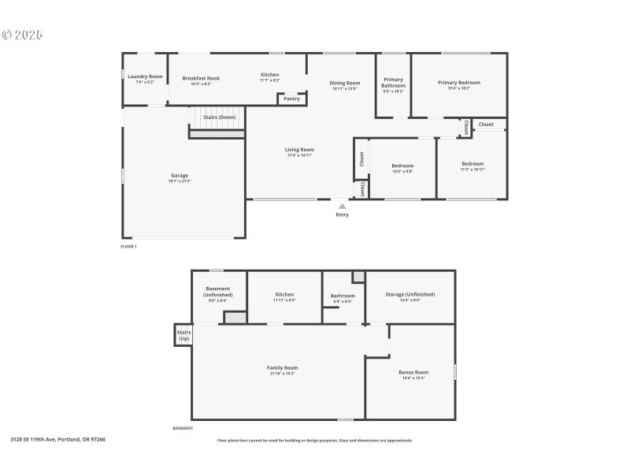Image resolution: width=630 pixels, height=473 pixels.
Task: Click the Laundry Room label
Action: click(x=145, y=76)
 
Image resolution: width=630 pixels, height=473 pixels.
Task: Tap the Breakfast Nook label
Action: click(x=201, y=78)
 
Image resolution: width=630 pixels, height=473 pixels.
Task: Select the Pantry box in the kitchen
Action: click(x=291, y=99)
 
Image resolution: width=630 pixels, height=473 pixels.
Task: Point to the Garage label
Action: click(x=180, y=175)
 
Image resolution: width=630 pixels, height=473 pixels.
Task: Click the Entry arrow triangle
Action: click(x=342, y=206)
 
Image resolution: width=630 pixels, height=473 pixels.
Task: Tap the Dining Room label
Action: click(x=344, y=83)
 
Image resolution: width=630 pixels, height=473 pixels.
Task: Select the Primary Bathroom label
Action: click(x=393, y=82)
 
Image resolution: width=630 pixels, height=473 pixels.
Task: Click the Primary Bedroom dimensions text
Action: click(x=459, y=88)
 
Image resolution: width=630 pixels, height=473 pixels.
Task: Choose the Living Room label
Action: click(x=299, y=149)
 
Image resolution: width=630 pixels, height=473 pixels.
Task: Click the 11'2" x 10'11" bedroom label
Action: click(x=473, y=164)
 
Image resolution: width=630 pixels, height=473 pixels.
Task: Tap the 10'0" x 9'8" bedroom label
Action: click(x=402, y=166)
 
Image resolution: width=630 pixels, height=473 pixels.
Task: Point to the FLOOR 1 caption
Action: click(x=128, y=247)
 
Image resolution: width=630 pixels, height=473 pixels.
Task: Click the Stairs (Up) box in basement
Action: click(x=183, y=335)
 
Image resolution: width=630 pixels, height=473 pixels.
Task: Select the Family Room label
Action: click(x=282, y=367)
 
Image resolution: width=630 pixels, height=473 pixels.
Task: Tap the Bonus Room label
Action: click(x=413, y=372)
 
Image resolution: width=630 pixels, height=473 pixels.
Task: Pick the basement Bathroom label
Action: click(x=343, y=296)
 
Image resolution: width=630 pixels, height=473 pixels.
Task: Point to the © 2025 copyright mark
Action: click(x=22, y=35)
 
